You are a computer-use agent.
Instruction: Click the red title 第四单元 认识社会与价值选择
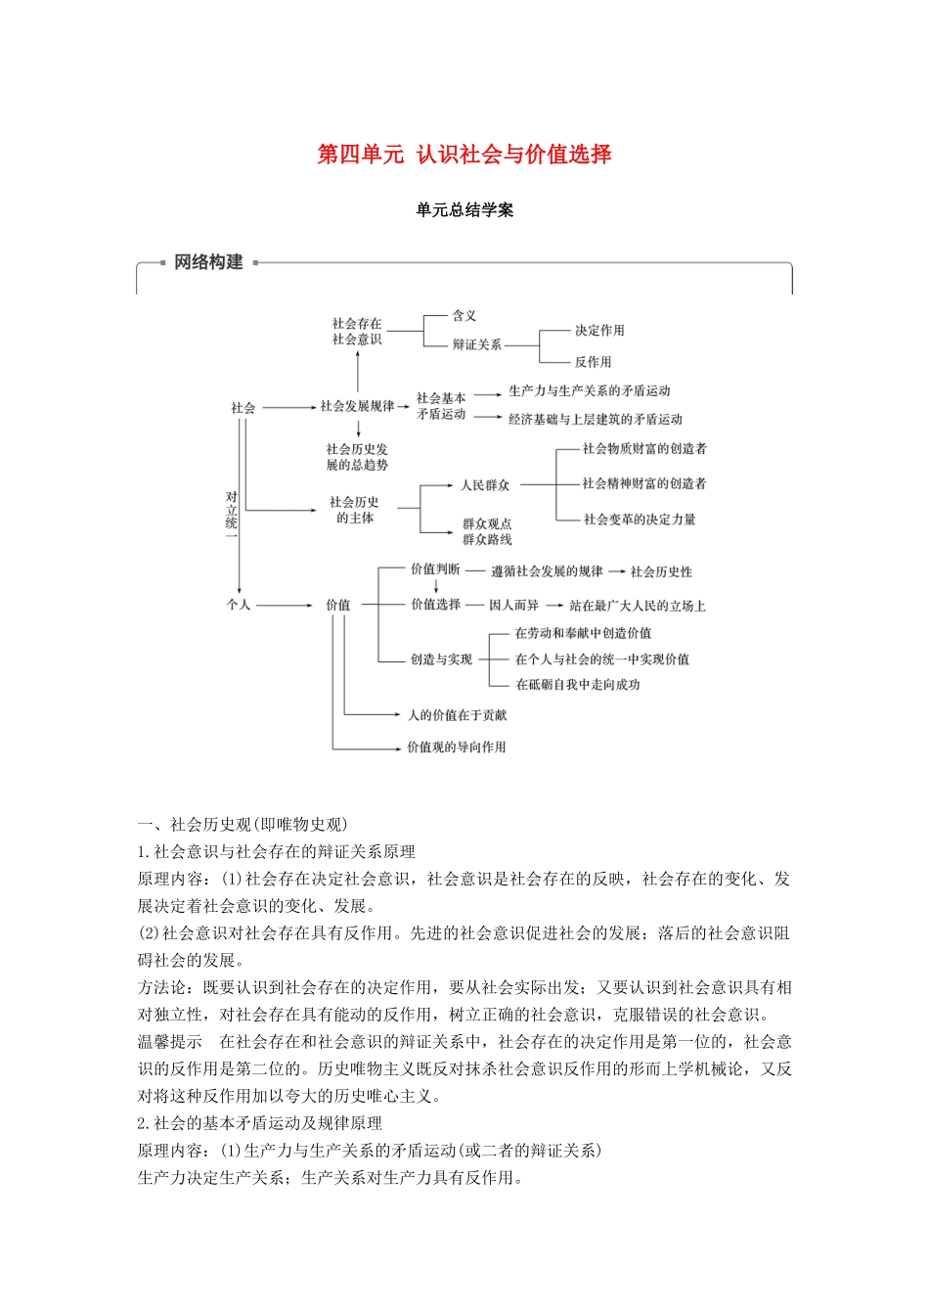coord(464,155)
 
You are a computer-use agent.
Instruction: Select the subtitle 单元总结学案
coord(464,210)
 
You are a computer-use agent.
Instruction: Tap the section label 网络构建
coord(208,262)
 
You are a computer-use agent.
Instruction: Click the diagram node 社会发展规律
coord(358,406)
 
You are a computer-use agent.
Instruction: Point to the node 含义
coord(464,316)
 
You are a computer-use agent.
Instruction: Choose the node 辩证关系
coord(477,344)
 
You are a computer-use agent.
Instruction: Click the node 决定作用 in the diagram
coord(599,331)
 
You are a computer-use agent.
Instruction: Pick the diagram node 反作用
coord(593,362)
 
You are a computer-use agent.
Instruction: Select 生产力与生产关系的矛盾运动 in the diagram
coord(590,391)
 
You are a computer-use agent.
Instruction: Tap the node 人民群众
coord(485,485)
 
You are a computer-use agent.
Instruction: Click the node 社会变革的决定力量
coord(640,520)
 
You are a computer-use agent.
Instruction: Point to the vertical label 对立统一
coord(232,511)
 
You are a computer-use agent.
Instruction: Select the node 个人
coord(239,605)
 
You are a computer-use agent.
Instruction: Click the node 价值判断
coord(435,569)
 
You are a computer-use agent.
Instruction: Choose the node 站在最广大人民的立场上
coord(638,606)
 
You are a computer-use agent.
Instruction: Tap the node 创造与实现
coord(441,659)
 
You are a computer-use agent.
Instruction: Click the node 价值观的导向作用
coord(457,748)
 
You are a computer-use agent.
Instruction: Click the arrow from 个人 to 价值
coord(285,606)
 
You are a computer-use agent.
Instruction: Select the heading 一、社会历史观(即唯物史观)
coord(243,824)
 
